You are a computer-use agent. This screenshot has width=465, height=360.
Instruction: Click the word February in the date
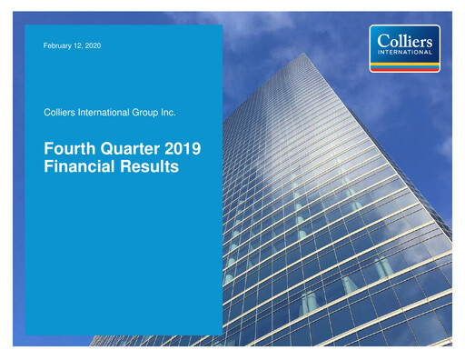(x=56, y=45)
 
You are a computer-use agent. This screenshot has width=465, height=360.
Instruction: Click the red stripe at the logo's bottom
(x=406, y=68)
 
